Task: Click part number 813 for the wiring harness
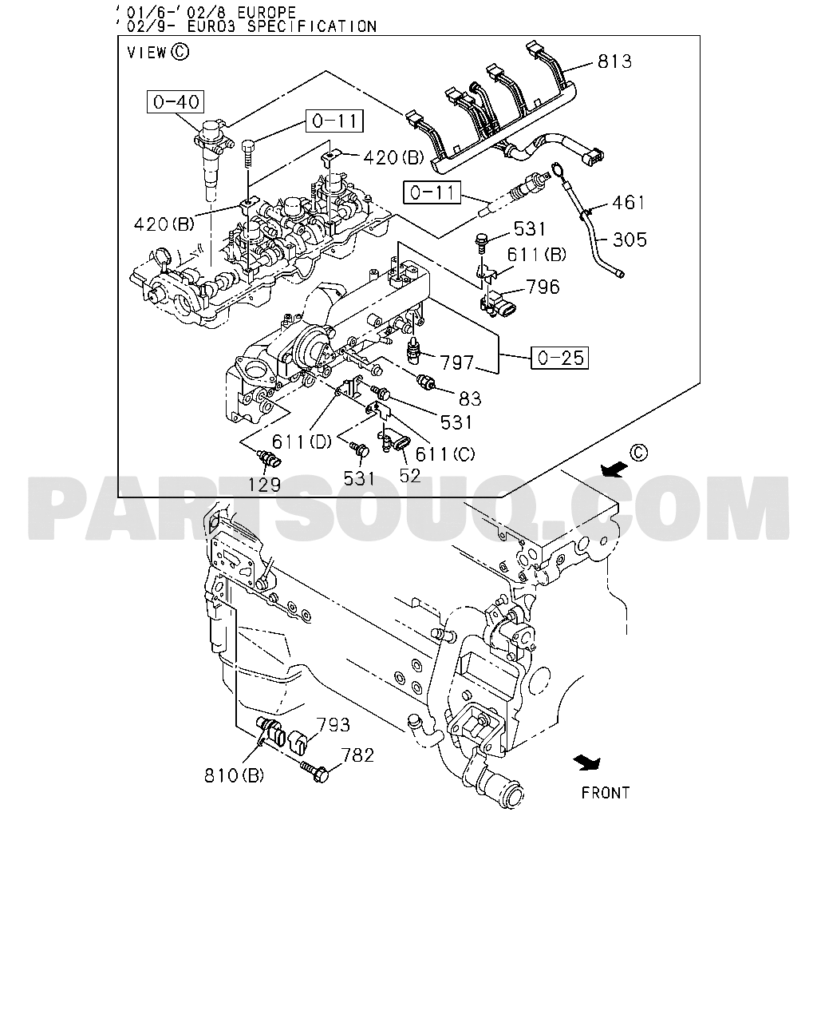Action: click(614, 61)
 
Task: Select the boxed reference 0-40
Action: click(176, 101)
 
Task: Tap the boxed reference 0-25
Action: click(559, 358)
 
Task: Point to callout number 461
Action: click(629, 204)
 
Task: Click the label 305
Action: click(630, 240)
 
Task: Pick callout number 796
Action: click(543, 287)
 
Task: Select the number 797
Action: click(457, 364)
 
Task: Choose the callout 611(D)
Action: click(302, 440)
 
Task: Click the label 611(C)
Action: click(444, 454)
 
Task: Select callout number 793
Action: click(333, 724)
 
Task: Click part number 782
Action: click(357, 755)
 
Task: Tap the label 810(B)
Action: click(235, 774)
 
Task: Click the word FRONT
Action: click(606, 793)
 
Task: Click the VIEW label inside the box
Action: click(147, 53)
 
